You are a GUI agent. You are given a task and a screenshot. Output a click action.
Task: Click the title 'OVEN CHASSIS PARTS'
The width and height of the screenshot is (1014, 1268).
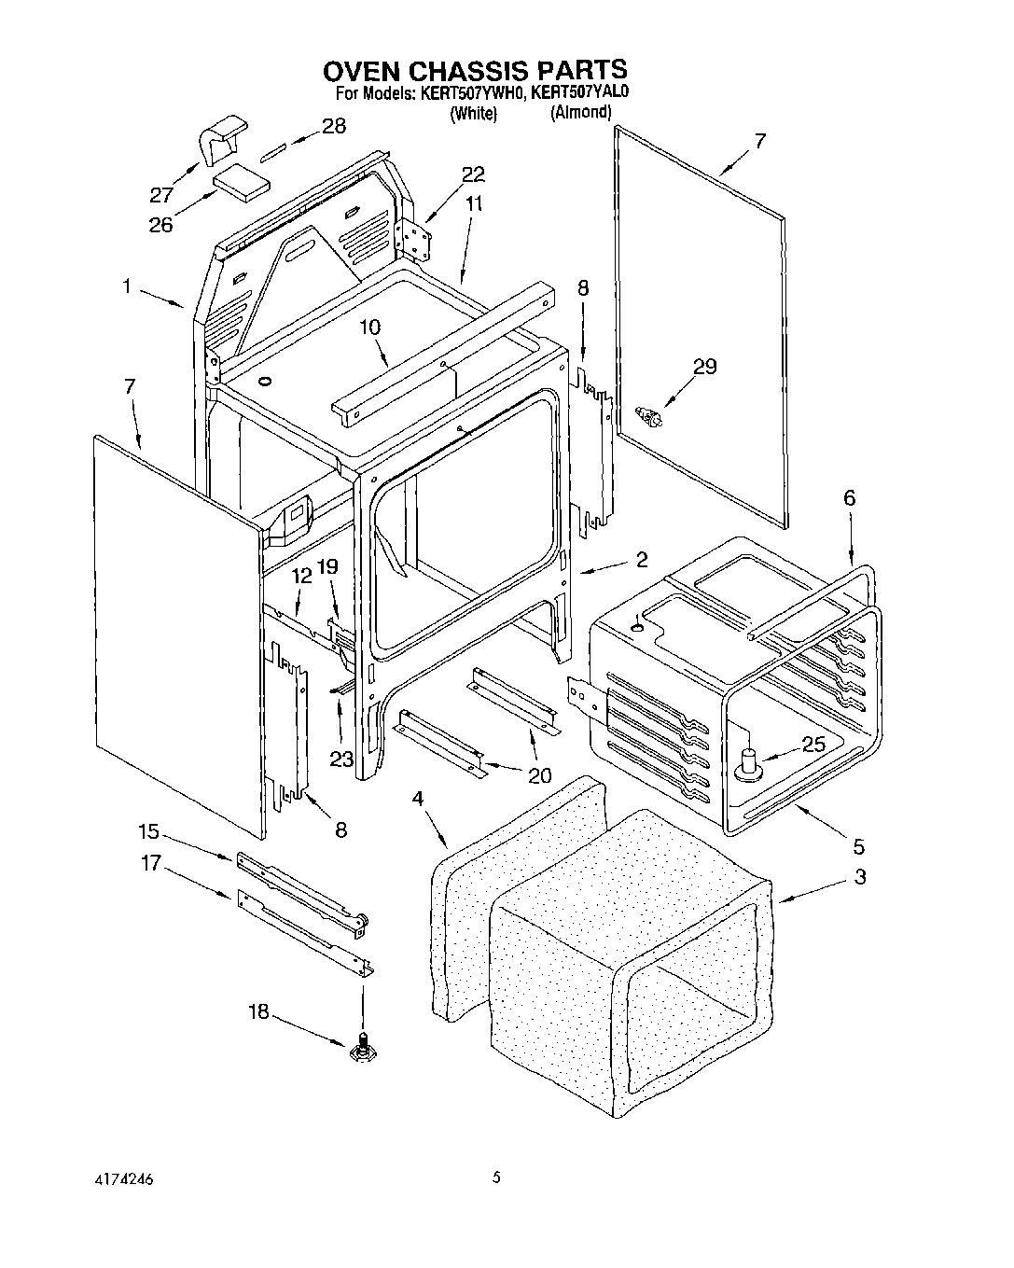pyautogui.click(x=475, y=70)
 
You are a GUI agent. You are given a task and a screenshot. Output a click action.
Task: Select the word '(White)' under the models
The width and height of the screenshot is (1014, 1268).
pyautogui.click(x=473, y=114)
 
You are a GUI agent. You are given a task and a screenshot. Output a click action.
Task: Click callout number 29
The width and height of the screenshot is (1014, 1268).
pyautogui.click(x=704, y=367)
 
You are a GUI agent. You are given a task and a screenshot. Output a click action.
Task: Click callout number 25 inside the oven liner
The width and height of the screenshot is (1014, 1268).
pyautogui.click(x=813, y=745)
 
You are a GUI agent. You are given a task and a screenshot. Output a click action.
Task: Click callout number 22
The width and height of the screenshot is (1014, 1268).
pyautogui.click(x=473, y=174)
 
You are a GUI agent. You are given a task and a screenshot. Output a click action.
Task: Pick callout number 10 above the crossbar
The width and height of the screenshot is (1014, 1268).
pyautogui.click(x=369, y=327)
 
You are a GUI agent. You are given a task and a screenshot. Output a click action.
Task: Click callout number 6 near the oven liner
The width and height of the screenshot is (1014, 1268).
pyautogui.click(x=849, y=498)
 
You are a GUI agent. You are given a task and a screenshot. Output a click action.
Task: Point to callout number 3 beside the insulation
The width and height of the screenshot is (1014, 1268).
pyautogui.click(x=859, y=877)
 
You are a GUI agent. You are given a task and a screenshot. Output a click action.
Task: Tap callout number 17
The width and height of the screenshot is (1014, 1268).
pyautogui.click(x=151, y=864)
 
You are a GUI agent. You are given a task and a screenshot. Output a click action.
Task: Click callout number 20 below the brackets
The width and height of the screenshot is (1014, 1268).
pyautogui.click(x=539, y=774)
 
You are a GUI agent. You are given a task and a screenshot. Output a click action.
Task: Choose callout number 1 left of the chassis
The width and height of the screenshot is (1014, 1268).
pyautogui.click(x=126, y=286)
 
